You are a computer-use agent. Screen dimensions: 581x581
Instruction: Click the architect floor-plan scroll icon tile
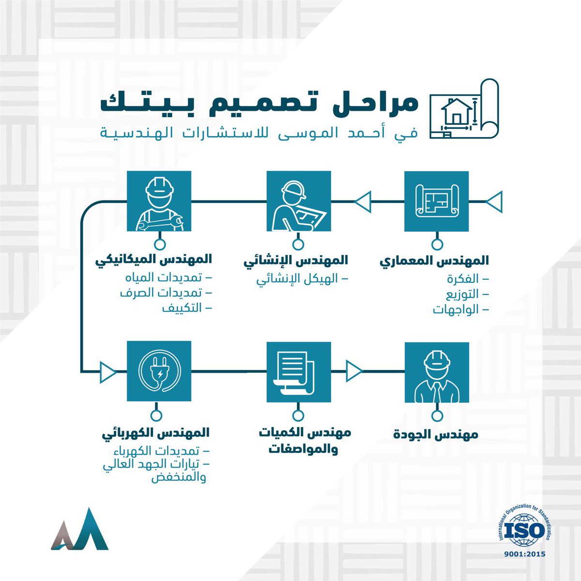click(437, 203)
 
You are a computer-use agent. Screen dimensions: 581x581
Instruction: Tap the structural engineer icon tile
click(299, 203)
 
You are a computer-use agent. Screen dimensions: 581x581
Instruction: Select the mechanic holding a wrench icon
click(159, 203)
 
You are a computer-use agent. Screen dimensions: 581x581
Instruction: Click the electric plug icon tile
click(159, 372)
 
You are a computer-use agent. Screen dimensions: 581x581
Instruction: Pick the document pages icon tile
click(299, 372)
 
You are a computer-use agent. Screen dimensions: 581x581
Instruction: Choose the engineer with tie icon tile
click(437, 372)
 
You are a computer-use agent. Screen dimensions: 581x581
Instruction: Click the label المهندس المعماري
click(434, 260)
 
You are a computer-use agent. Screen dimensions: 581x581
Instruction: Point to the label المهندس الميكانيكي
click(154, 260)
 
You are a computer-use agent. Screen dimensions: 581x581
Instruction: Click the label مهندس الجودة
click(436, 434)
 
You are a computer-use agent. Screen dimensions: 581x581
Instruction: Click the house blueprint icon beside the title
click(464, 108)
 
